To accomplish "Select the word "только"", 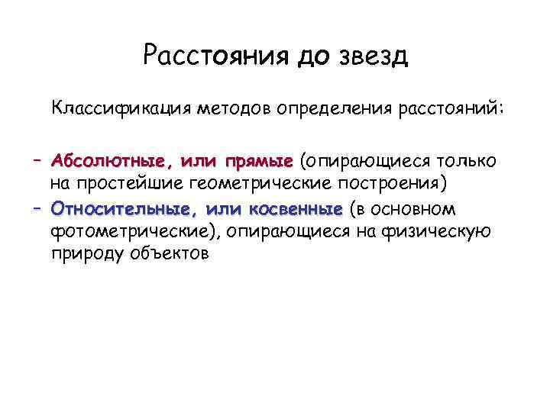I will tap(467, 162).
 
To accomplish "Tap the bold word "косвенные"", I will tap(296, 210).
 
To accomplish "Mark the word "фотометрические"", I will tap(129, 231).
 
